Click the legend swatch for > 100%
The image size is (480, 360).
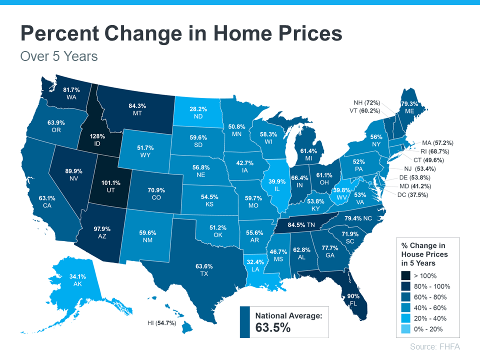pyautogui.click(x=405, y=275)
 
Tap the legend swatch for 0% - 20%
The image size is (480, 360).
pyautogui.click(x=405, y=329)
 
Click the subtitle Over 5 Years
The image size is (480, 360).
pyautogui.click(x=59, y=56)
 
